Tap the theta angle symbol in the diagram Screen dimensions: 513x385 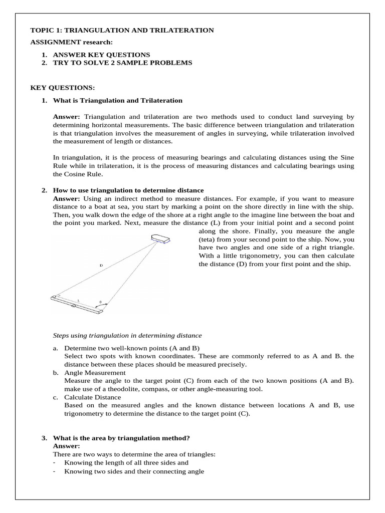[100, 302]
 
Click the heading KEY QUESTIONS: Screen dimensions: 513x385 [63, 88]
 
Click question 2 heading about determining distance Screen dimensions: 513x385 [128, 190]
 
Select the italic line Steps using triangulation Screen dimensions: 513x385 [127, 335]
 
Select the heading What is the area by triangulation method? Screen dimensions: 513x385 [121, 438]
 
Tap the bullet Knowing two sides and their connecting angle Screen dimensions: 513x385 [134, 471]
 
